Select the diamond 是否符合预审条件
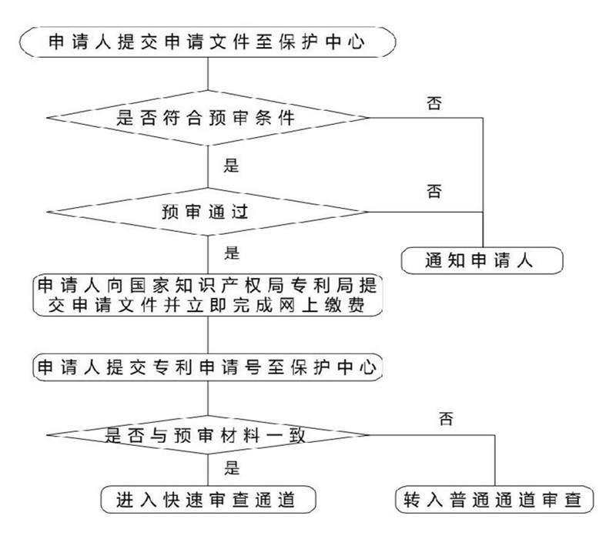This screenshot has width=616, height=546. click(207, 118)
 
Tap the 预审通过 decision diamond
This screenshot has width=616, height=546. click(207, 210)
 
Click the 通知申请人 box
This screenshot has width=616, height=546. click(482, 260)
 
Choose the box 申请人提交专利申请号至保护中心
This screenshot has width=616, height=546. click(207, 367)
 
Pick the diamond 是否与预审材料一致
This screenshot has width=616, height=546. click(207, 436)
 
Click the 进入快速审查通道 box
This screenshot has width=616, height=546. click(207, 500)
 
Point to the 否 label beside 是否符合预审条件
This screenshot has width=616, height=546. click(434, 103)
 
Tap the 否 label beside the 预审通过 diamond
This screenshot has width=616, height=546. click(434, 191)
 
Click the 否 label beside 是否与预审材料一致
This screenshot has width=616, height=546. click(445, 420)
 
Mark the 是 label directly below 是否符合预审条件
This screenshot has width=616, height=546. click(229, 164)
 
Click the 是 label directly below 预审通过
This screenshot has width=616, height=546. click(229, 252)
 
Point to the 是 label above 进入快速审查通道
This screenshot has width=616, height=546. click(229, 467)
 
